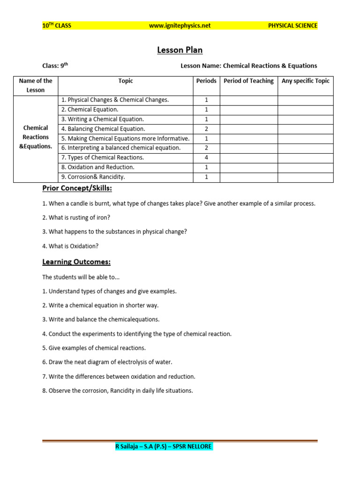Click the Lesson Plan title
click(180, 50)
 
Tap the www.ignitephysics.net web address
click(180, 26)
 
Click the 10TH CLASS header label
click(57, 26)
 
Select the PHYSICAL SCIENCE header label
click(292, 26)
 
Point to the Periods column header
click(206, 81)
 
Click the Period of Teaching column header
click(248, 81)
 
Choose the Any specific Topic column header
click(306, 81)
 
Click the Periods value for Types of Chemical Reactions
click(206, 157)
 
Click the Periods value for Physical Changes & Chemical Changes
click(206, 100)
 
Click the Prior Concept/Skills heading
click(77, 188)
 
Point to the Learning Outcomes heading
click(77, 262)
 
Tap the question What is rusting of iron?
click(76, 218)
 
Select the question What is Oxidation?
click(70, 246)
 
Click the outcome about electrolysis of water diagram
click(107, 362)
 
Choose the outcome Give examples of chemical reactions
click(94, 348)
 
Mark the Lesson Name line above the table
click(249, 66)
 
